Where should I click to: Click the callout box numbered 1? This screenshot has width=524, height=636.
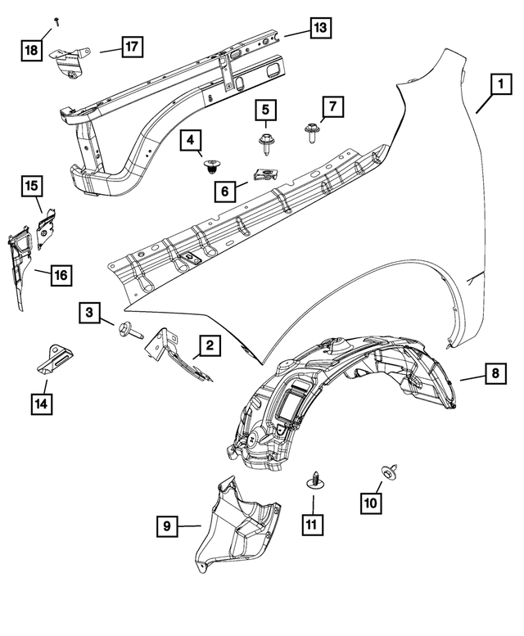point(496,83)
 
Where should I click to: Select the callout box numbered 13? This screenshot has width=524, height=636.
point(319,29)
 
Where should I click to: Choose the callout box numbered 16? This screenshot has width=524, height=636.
point(61,275)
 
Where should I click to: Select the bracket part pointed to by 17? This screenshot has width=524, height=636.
point(68,63)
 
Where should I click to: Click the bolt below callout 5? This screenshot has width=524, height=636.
point(266,145)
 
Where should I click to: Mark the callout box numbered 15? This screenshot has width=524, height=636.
point(30,187)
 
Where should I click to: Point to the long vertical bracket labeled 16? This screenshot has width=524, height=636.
point(20,262)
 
